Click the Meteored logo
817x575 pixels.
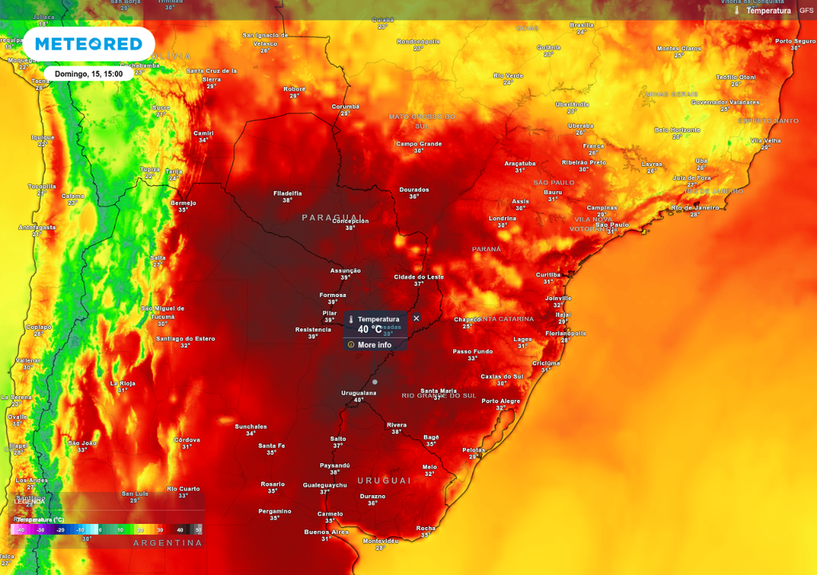pyautogui.click(x=88, y=44)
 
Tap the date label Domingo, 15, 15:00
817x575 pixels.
pyautogui.click(x=89, y=73)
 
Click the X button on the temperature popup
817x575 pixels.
pyautogui.click(x=416, y=318)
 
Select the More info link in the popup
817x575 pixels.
pyautogui.click(x=374, y=345)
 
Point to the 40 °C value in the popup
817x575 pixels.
pyautogui.click(x=369, y=329)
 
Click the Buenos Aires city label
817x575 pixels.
pyautogui.click(x=326, y=532)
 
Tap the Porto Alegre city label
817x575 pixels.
pyautogui.click(x=500, y=401)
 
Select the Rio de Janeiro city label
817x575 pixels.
pyautogui.click(x=695, y=208)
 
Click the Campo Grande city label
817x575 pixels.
pyautogui.click(x=419, y=144)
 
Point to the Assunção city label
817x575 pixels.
pyautogui.click(x=345, y=271)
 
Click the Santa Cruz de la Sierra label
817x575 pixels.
pyautogui.click(x=211, y=75)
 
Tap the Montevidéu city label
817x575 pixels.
pyautogui.click(x=380, y=541)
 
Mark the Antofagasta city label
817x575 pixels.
pyautogui.click(x=37, y=227)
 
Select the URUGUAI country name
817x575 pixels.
pyautogui.click(x=384, y=480)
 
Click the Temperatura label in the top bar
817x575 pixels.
pyautogui.click(x=768, y=10)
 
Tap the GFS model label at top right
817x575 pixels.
pyautogui.click(x=807, y=10)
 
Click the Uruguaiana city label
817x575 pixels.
pyautogui.click(x=358, y=393)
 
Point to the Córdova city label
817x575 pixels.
pyautogui.click(x=187, y=439)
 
